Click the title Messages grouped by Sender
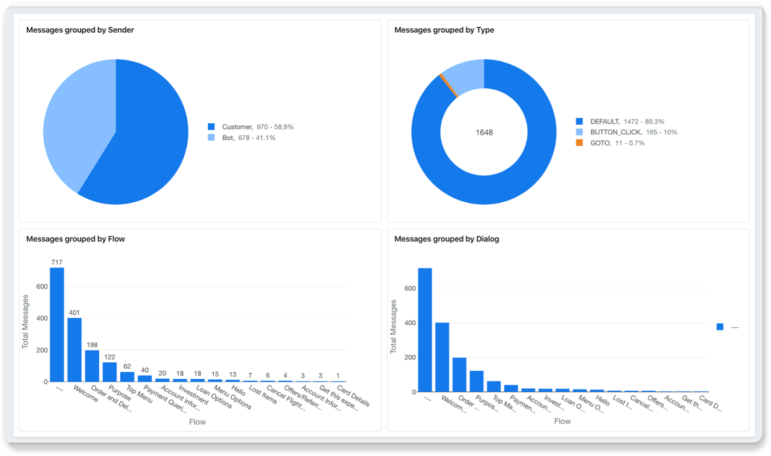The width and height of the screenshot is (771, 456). pos(80,30)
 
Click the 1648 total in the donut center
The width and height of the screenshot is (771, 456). pos(484,132)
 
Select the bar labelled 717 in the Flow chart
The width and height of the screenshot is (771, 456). pos(57,325)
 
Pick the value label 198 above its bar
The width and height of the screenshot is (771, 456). pos(92,345)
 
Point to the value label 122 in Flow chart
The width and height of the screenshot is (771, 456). pos(109,357)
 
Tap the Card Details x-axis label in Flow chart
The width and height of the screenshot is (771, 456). pos(353,396)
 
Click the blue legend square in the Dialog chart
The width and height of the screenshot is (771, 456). pos(720,327)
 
